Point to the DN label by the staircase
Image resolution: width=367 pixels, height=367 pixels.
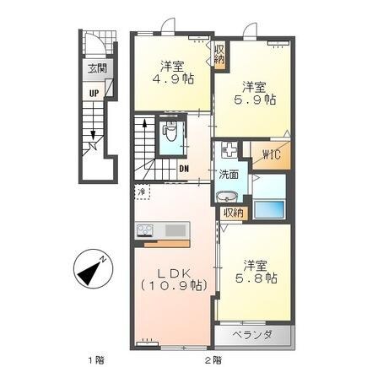(183, 167)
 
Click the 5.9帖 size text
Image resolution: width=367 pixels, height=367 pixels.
(256, 98)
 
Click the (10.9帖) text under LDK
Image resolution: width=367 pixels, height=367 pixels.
(175, 287)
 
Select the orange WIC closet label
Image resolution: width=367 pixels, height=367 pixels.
(272, 155)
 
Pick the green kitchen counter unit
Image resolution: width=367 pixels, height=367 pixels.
(161, 230)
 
